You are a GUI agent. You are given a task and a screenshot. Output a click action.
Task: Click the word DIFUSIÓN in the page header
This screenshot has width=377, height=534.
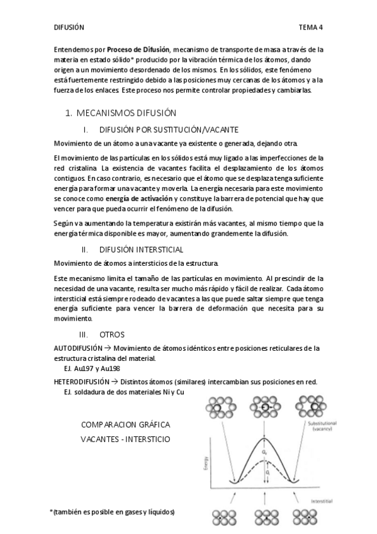[69, 27]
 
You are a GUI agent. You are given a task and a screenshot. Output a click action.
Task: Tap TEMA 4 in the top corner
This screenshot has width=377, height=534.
[310, 27]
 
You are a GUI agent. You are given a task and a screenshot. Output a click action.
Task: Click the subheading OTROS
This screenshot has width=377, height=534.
[112, 334]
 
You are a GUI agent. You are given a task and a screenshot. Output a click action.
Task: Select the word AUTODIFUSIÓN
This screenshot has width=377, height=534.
[78, 348]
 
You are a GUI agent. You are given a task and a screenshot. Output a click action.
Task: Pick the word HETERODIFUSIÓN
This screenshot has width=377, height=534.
[82, 382]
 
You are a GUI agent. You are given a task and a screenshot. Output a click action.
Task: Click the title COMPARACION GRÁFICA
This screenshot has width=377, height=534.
[125, 425]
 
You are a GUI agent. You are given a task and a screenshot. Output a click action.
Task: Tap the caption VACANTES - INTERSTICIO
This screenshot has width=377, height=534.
[125, 438]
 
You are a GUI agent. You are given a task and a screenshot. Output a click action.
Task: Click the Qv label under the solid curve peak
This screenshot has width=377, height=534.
[266, 451]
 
